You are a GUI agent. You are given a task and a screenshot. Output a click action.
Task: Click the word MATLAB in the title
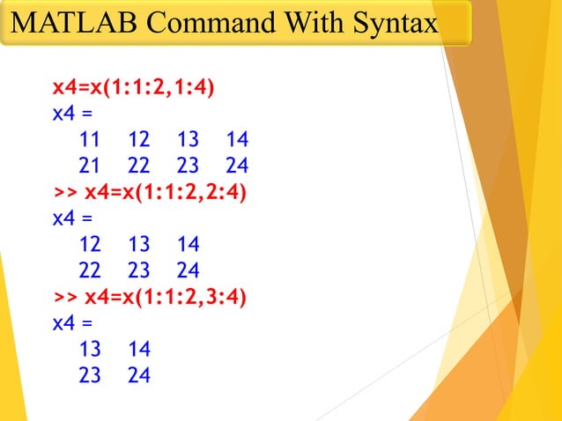click(64, 23)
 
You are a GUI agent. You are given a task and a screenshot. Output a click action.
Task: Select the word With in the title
click(284, 23)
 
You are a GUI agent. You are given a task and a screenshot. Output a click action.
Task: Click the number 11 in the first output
click(90, 139)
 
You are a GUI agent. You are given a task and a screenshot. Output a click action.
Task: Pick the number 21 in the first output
click(90, 164)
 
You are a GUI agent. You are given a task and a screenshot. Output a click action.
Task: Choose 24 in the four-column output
click(236, 164)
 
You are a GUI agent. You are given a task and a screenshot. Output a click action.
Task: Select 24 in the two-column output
click(138, 375)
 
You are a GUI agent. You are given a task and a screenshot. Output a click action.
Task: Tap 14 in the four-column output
click(236, 139)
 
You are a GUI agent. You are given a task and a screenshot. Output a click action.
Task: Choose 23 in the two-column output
click(90, 375)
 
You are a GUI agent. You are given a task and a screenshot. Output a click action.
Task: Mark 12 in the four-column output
click(138, 139)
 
